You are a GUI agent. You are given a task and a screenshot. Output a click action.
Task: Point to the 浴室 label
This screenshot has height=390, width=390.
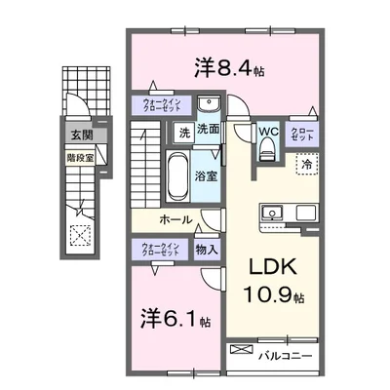click(x=206, y=177)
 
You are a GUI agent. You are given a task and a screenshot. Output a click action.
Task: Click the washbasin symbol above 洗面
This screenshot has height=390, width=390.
click(x=207, y=106)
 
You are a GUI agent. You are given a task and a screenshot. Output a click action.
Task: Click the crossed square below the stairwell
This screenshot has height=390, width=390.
click(x=78, y=235)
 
